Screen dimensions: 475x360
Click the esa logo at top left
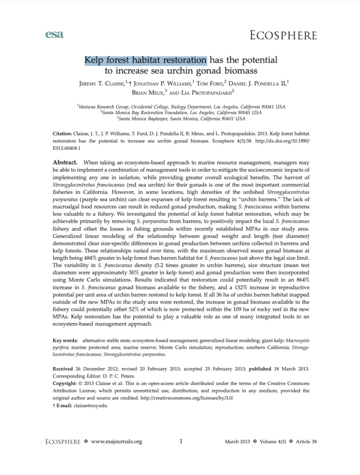[55, 34]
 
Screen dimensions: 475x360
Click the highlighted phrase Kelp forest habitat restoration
[145, 60]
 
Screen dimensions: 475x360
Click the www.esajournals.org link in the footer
[116, 442]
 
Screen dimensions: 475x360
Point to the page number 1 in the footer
[181, 442]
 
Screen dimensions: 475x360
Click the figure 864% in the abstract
[301, 281]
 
